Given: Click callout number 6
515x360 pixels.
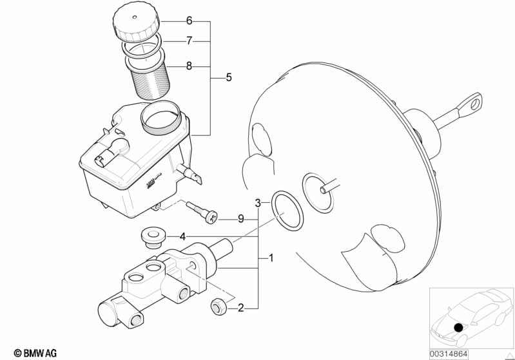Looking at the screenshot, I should click(189, 21).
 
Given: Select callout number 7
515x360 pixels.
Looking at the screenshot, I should click(189, 41).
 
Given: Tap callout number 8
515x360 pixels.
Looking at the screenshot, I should click(189, 66).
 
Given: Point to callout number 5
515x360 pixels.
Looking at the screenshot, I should click(229, 79).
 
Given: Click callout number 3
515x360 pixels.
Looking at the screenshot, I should click(257, 203).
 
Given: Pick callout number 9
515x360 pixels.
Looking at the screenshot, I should click(240, 219).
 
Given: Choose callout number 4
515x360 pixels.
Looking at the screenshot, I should click(182, 236).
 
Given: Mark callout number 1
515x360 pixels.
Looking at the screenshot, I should click(271, 259).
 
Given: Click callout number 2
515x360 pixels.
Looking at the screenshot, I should click(240, 308).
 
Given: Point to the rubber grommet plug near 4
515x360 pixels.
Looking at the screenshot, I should click(153, 236).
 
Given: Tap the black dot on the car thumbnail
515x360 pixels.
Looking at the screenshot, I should click(458, 327).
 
